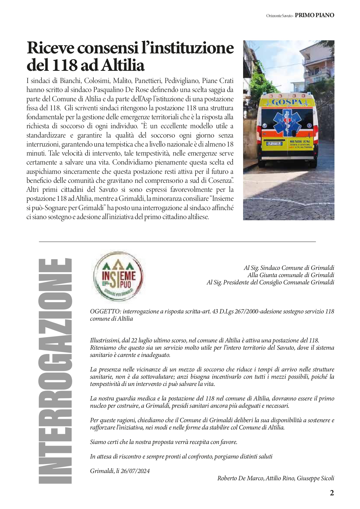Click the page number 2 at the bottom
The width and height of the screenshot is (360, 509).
pyautogui.click(x=332, y=493)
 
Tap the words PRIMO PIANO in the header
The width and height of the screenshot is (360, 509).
pyautogui.click(x=314, y=15)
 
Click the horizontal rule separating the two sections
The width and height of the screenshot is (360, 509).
pyautogui.click(x=177, y=241)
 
